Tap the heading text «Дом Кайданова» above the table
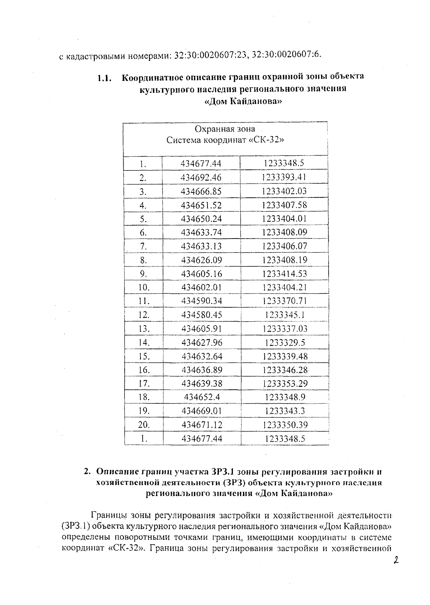(243, 102)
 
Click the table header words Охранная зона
(225, 129)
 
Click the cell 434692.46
(201, 177)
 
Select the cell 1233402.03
(285, 191)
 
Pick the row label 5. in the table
(143, 219)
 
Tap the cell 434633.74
(201, 232)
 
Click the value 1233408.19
(285, 260)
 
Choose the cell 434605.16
(201, 274)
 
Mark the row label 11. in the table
(144, 301)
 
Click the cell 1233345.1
(285, 315)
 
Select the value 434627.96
(202, 343)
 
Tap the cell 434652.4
(202, 397)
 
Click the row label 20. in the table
(144, 425)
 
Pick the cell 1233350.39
(285, 425)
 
